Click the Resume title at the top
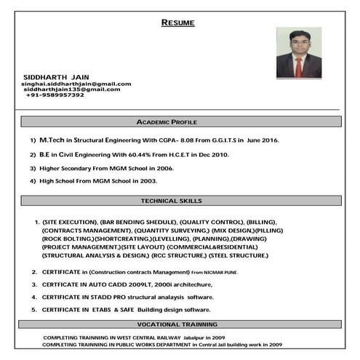pos(177,23)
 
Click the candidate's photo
pos(298,53)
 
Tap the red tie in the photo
pos(298,67)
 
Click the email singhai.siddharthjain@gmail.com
pos(76,84)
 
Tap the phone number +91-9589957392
pos(55,95)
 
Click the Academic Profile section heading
pos(167,121)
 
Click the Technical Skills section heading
pos(171,201)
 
